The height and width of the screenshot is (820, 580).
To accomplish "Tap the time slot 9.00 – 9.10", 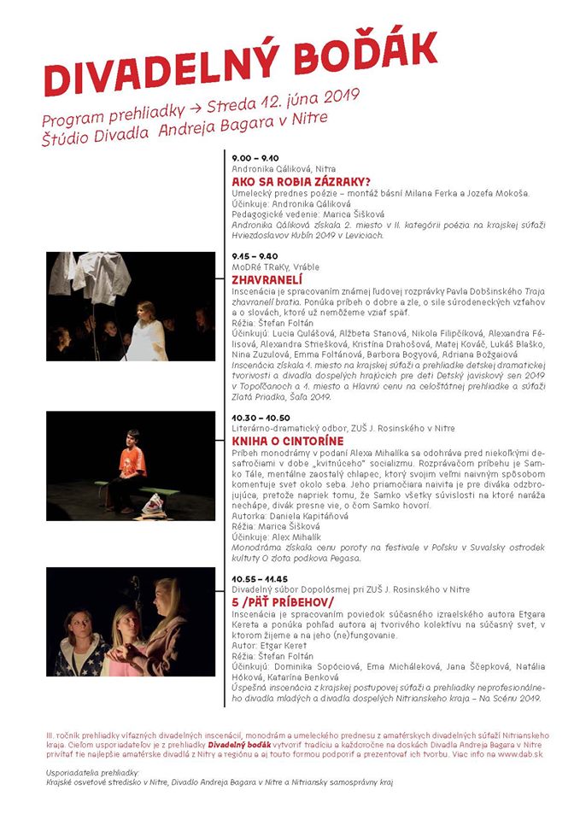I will [x=255, y=158].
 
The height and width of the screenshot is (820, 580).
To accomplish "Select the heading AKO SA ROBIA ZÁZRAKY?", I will [x=301, y=181].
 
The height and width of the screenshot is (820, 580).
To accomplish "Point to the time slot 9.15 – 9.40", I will [x=255, y=255].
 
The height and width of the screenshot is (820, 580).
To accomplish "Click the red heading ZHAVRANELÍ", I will [x=269, y=278].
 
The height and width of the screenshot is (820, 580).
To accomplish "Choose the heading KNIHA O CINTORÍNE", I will [x=290, y=441].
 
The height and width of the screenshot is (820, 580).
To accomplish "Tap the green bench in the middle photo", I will [x=162, y=494].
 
